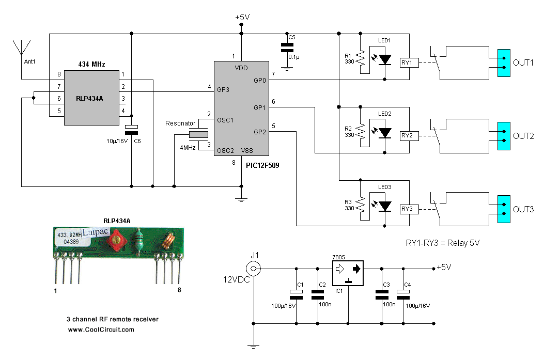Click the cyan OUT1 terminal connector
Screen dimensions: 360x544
tap(500, 63)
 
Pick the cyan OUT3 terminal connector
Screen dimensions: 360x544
tap(500, 209)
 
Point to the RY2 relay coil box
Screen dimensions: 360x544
tap(407, 136)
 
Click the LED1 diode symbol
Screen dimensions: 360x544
tap(385, 60)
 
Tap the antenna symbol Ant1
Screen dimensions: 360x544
tap(21, 48)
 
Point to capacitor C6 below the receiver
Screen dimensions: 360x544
tap(132, 130)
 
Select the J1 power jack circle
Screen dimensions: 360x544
tap(253, 269)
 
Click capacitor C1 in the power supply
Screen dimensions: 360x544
tap(297, 294)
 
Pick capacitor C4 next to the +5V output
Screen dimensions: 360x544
tap(403, 294)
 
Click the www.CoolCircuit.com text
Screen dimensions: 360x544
tap(101, 330)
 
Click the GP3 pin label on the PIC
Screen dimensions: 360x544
tap(224, 90)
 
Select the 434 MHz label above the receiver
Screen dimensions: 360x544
tap(91, 65)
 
